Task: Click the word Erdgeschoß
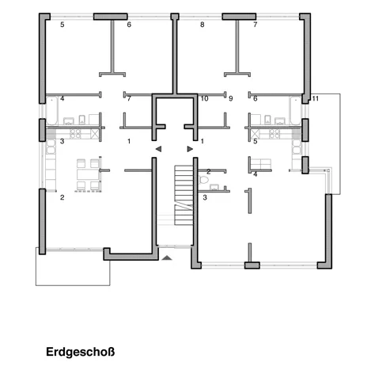[80, 352]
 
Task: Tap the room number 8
[202, 25]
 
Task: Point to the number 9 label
[231, 98]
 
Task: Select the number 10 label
[205, 98]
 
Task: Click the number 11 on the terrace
[316, 98]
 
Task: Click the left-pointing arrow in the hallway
[158, 149]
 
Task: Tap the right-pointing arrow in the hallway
[190, 149]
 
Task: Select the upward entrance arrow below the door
[167, 258]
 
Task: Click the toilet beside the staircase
[203, 180]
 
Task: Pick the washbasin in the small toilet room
[214, 187]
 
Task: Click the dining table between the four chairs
[88, 174]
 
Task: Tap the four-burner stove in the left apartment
[75, 134]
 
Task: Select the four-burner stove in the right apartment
[274, 134]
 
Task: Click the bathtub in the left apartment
[52, 110]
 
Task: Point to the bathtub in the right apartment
[295, 110]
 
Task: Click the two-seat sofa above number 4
[260, 163]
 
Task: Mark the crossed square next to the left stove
[95, 134]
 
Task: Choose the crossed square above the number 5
[255, 134]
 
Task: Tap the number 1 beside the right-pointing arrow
[202, 141]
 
